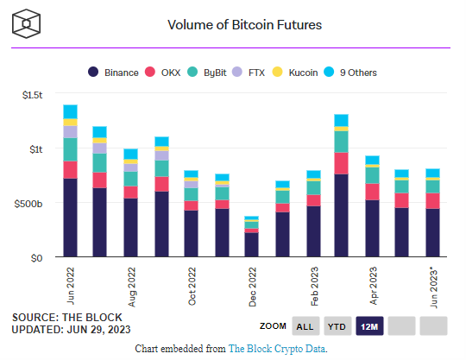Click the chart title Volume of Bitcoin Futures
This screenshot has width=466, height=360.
244,24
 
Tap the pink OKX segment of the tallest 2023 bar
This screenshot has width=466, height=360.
341,163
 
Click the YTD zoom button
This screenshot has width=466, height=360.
339,326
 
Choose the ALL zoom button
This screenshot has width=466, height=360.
304,326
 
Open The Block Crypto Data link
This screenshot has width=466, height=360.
277,349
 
